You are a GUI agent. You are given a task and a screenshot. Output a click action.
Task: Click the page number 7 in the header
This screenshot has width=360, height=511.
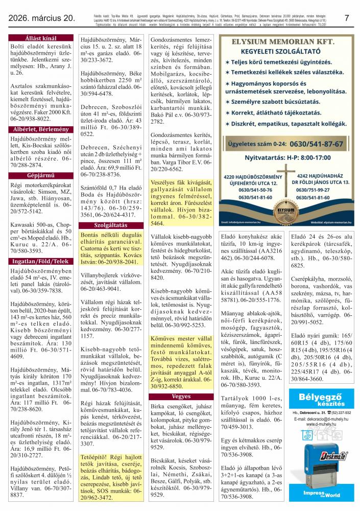pyautogui.click(x=347, y=18)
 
